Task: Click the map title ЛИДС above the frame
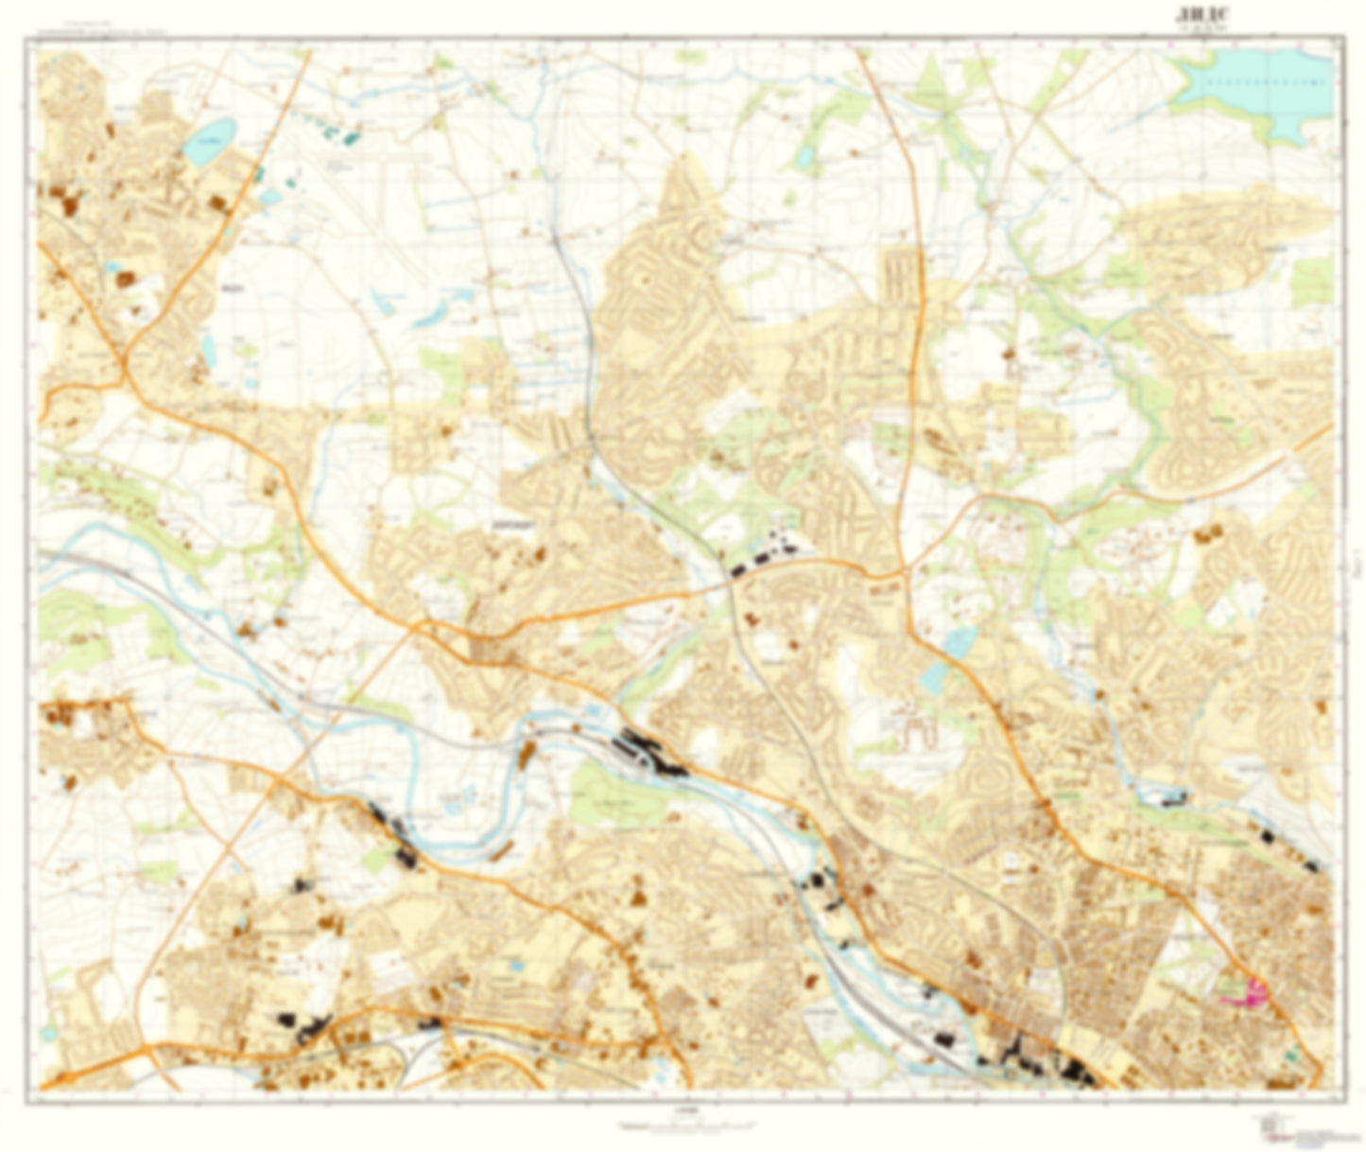click(1200, 13)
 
